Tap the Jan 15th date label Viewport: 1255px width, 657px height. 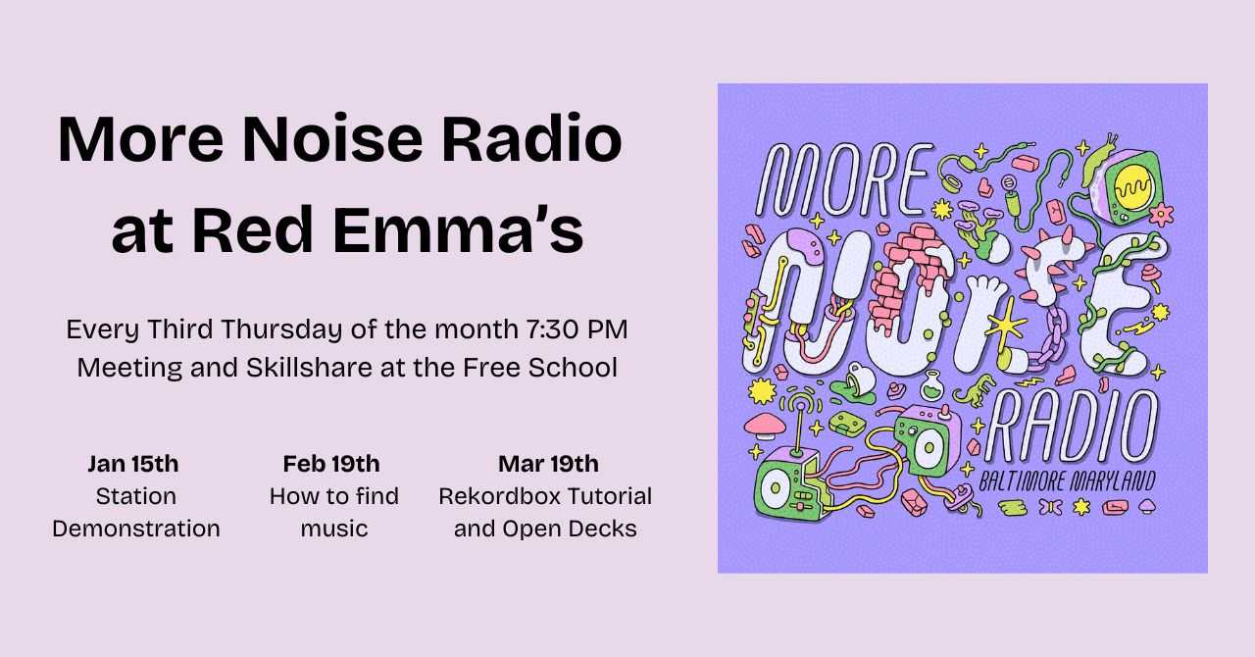coord(133,463)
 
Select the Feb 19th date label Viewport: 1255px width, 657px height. coord(331,463)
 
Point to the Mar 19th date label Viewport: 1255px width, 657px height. coord(548,463)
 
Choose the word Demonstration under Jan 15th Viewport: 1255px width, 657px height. coord(136,529)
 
